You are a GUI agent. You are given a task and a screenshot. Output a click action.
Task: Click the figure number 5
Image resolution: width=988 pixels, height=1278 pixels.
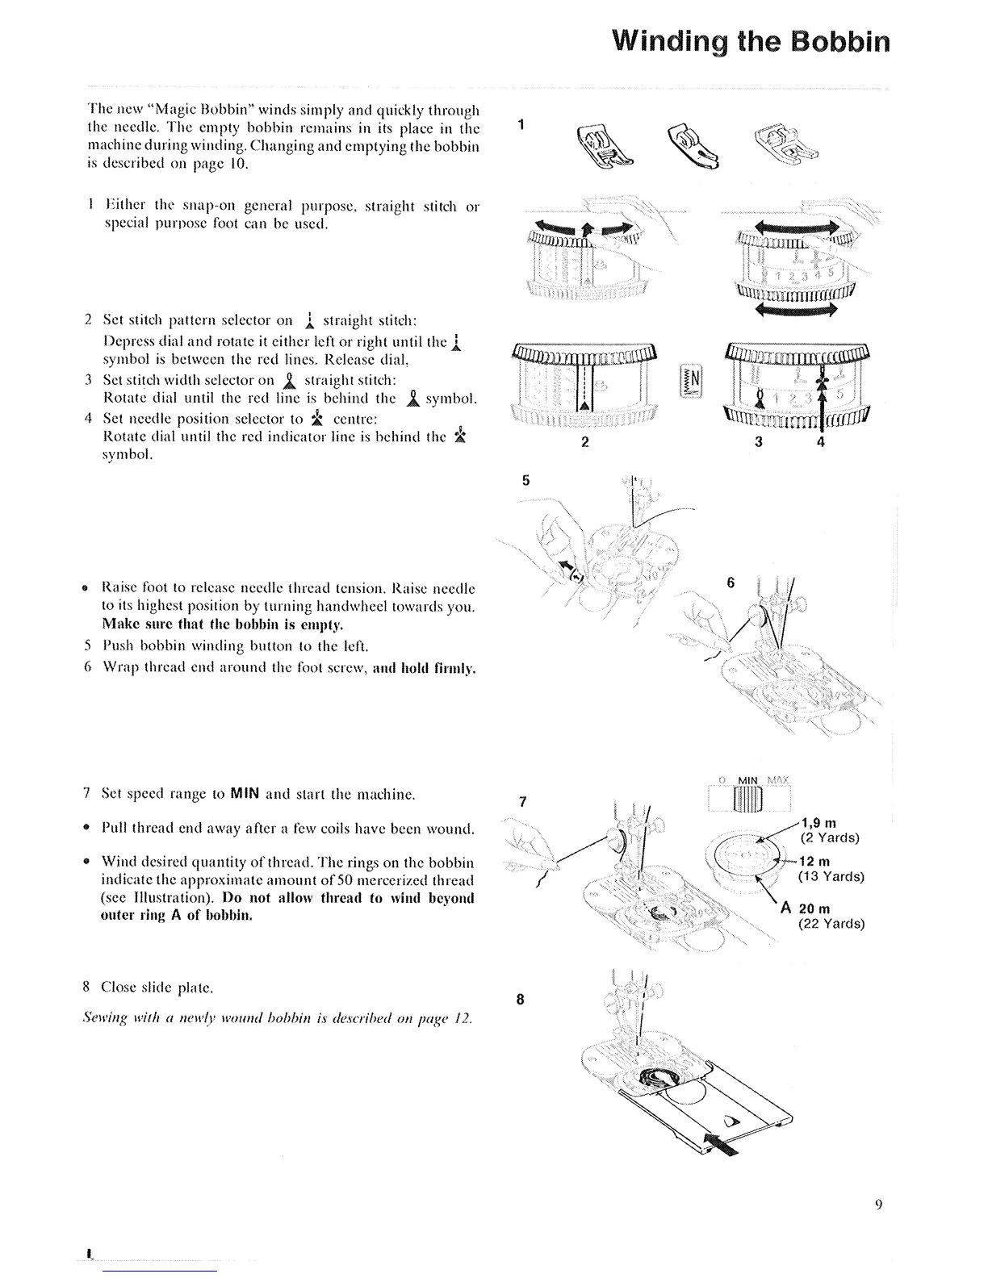point(525,480)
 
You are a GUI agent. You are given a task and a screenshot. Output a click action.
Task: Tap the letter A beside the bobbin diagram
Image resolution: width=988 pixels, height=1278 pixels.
point(785,908)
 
